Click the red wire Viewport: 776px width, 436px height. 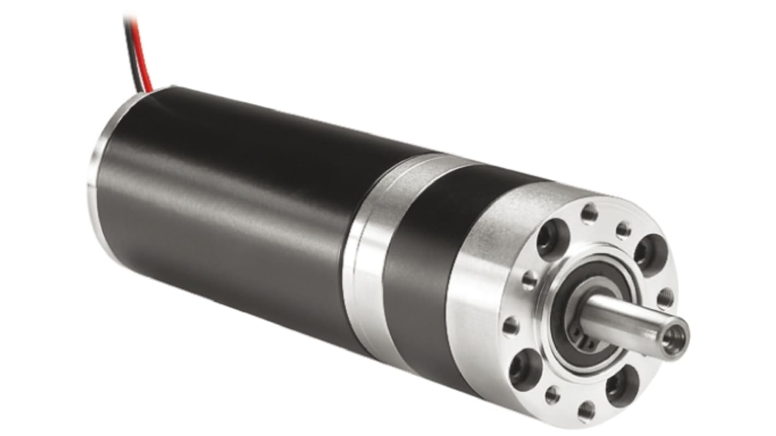144,55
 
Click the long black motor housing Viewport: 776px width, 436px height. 230,208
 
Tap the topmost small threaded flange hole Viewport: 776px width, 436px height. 589,214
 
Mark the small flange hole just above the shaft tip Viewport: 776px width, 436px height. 666,298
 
